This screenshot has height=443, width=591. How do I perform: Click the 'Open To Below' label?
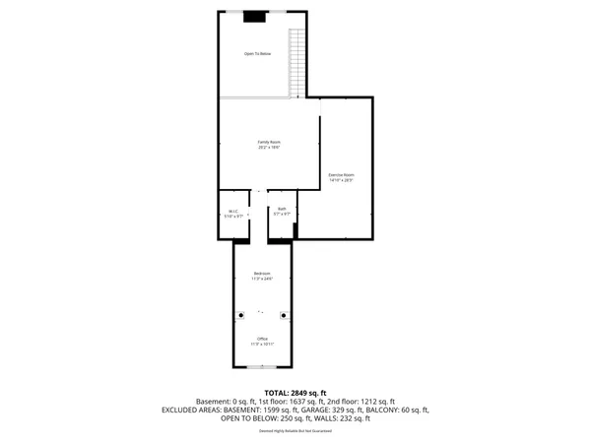click(257, 53)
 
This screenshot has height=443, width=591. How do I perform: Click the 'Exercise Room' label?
click(341, 174)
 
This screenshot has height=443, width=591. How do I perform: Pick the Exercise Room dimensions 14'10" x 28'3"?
click(341, 180)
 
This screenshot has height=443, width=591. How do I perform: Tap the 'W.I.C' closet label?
click(232, 210)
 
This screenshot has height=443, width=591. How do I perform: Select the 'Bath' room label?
click(282, 209)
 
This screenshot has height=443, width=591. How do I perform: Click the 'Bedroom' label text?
click(262, 273)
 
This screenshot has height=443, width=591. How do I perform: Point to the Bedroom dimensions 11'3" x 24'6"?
click(262, 279)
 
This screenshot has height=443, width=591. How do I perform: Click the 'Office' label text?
click(262, 338)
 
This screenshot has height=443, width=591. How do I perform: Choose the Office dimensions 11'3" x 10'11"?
click(262, 344)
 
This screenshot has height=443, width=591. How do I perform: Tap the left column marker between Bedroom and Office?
click(239, 315)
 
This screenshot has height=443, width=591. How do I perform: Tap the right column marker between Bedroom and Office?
click(285, 315)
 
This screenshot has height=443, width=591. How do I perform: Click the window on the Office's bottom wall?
click(262, 366)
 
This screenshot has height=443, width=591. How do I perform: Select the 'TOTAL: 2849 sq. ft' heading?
click(295, 393)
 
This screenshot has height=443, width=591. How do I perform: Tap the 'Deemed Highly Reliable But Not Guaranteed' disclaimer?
click(295, 430)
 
